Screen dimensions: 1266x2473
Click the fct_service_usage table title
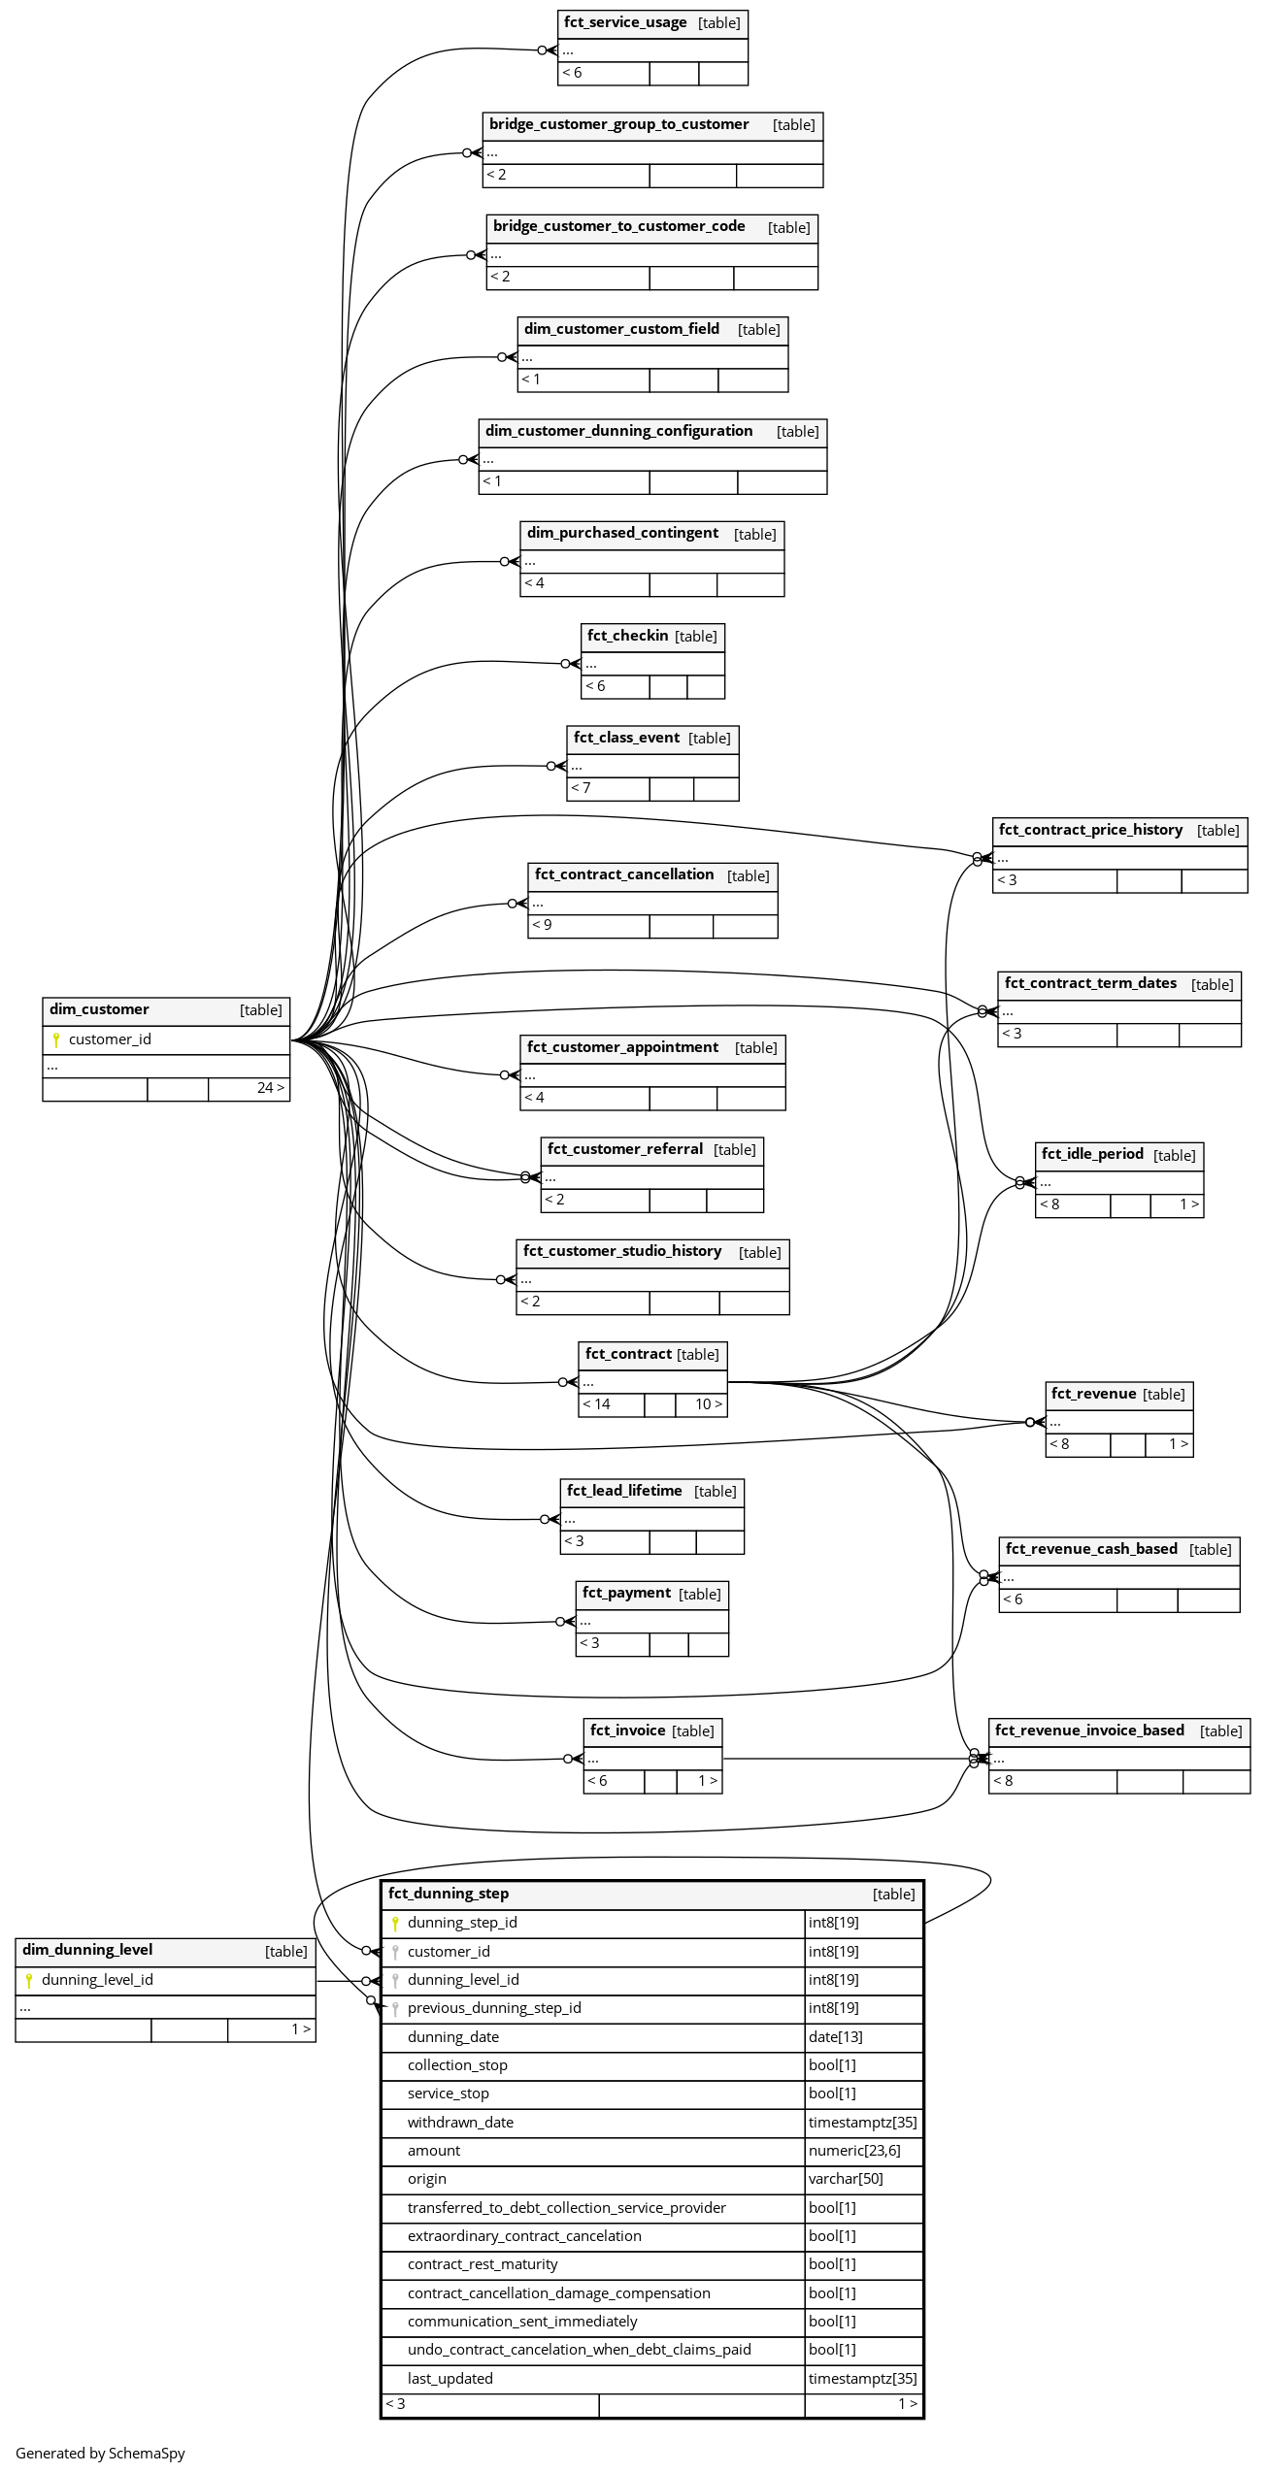pyautogui.click(x=625, y=22)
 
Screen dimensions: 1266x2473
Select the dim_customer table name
pyautogui.click(x=99, y=1009)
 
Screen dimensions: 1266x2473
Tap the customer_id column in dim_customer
pyautogui.click(x=110, y=1039)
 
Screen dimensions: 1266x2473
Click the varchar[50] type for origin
pyautogui.click(x=846, y=2179)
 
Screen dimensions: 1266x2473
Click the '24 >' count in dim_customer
pyautogui.click(x=271, y=1088)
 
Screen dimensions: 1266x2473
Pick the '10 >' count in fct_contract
pyautogui.click(x=709, y=1404)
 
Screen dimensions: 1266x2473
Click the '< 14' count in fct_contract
pyautogui.click(x=597, y=1404)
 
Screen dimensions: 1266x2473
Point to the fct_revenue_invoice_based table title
pyautogui.click(x=1089, y=1731)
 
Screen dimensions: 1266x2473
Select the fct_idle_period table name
pyautogui.click(x=1092, y=1154)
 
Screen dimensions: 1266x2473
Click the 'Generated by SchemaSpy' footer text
pyautogui.click(x=100, y=2454)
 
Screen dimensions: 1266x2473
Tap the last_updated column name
pyautogui.click(x=450, y=2379)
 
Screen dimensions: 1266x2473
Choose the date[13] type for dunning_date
pyautogui.click(x=836, y=2037)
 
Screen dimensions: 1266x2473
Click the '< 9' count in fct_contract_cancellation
pyautogui.click(x=542, y=925)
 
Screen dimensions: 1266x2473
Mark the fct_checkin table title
pyautogui.click(x=628, y=636)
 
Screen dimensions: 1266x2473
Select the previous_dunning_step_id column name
pyautogui.click(x=494, y=2008)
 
